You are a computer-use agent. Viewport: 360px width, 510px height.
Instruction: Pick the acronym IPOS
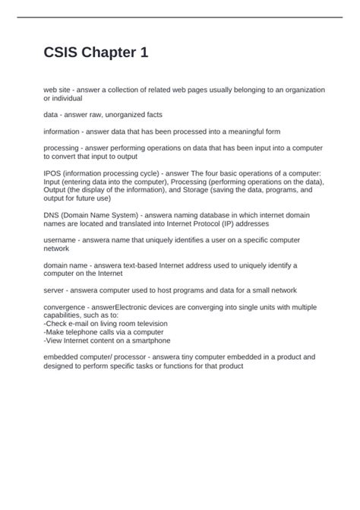(x=53, y=173)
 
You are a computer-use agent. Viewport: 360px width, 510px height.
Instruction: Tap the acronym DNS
(x=52, y=215)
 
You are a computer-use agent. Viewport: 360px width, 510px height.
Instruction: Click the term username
(x=60, y=240)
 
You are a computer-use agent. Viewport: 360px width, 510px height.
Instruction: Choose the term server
(x=54, y=290)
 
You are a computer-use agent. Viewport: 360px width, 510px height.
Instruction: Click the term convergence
(x=66, y=307)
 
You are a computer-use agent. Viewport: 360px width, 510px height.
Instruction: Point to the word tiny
(x=187, y=356)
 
